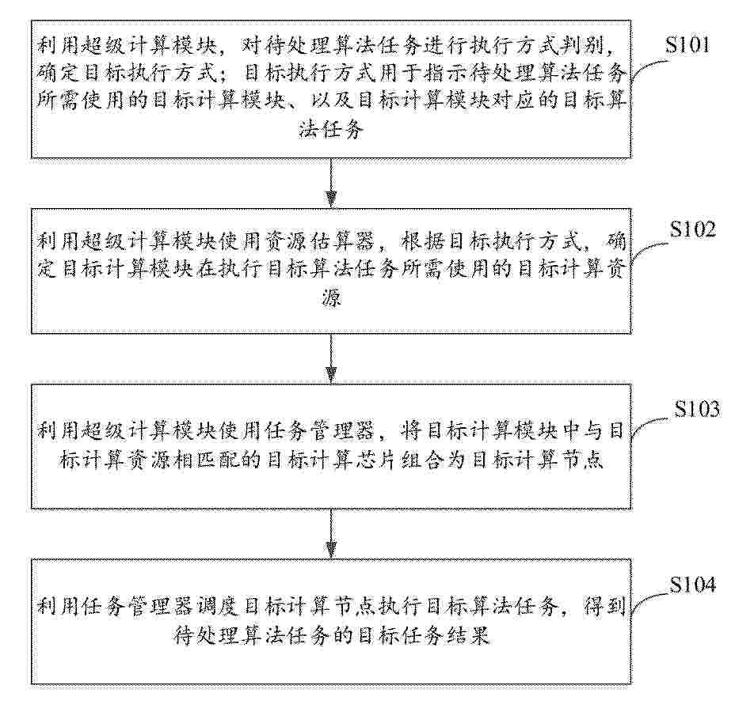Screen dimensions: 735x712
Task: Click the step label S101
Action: [x=687, y=45]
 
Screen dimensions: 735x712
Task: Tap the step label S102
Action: [x=692, y=229]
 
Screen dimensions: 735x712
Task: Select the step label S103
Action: [x=696, y=409]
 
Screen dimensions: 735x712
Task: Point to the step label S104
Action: [x=692, y=584]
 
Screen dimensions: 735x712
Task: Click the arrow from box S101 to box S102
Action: [x=331, y=183]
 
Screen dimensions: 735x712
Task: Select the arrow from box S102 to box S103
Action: [x=331, y=358]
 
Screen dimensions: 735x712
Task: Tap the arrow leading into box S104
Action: [x=331, y=534]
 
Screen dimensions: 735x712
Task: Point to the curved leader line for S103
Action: [x=652, y=426]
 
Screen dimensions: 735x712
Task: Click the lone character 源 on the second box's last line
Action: [x=332, y=297]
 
